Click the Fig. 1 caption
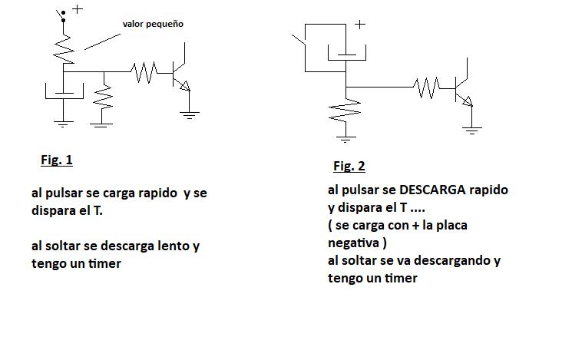57,160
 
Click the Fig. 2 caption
349,167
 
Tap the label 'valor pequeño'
153,24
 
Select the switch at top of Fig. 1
61,15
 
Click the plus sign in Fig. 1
78,9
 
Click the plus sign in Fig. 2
359,25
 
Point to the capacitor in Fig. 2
346,53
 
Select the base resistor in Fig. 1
144,72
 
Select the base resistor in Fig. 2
426,88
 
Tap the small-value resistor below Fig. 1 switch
64,49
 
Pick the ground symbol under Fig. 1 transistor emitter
190,115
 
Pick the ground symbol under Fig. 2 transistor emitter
472,130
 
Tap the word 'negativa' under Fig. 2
353,243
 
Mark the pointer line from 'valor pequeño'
102,41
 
